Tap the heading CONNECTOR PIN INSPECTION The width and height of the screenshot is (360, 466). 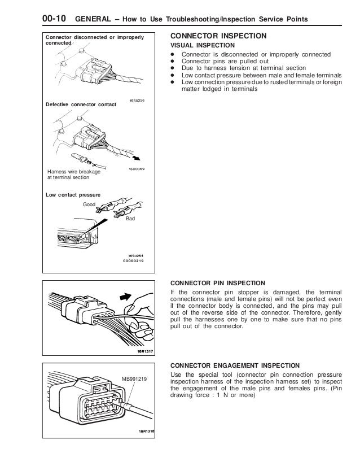[217, 283]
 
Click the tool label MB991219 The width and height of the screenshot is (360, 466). [134, 378]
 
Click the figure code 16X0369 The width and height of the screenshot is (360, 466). [134, 168]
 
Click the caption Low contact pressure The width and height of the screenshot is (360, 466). [68, 195]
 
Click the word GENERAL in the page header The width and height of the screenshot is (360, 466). [94, 20]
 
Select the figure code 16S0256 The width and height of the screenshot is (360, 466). [135, 100]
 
